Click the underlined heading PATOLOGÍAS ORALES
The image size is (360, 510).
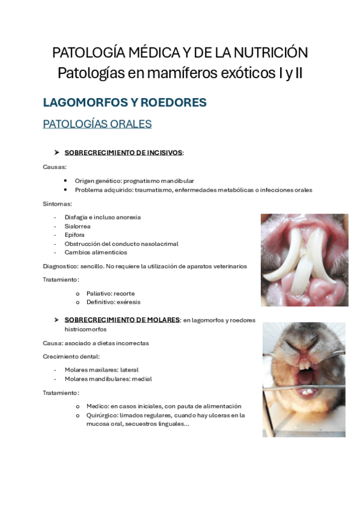97,124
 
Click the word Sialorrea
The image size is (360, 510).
77,226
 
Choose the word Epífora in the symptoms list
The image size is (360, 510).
75,235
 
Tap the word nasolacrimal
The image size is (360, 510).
159,244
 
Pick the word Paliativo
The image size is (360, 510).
101,293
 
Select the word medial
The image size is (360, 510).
143,379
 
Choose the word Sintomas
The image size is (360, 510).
57,204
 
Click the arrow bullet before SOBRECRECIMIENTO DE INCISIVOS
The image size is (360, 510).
56,153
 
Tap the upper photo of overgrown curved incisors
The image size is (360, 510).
304,260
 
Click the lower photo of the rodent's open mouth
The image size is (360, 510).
304,379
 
